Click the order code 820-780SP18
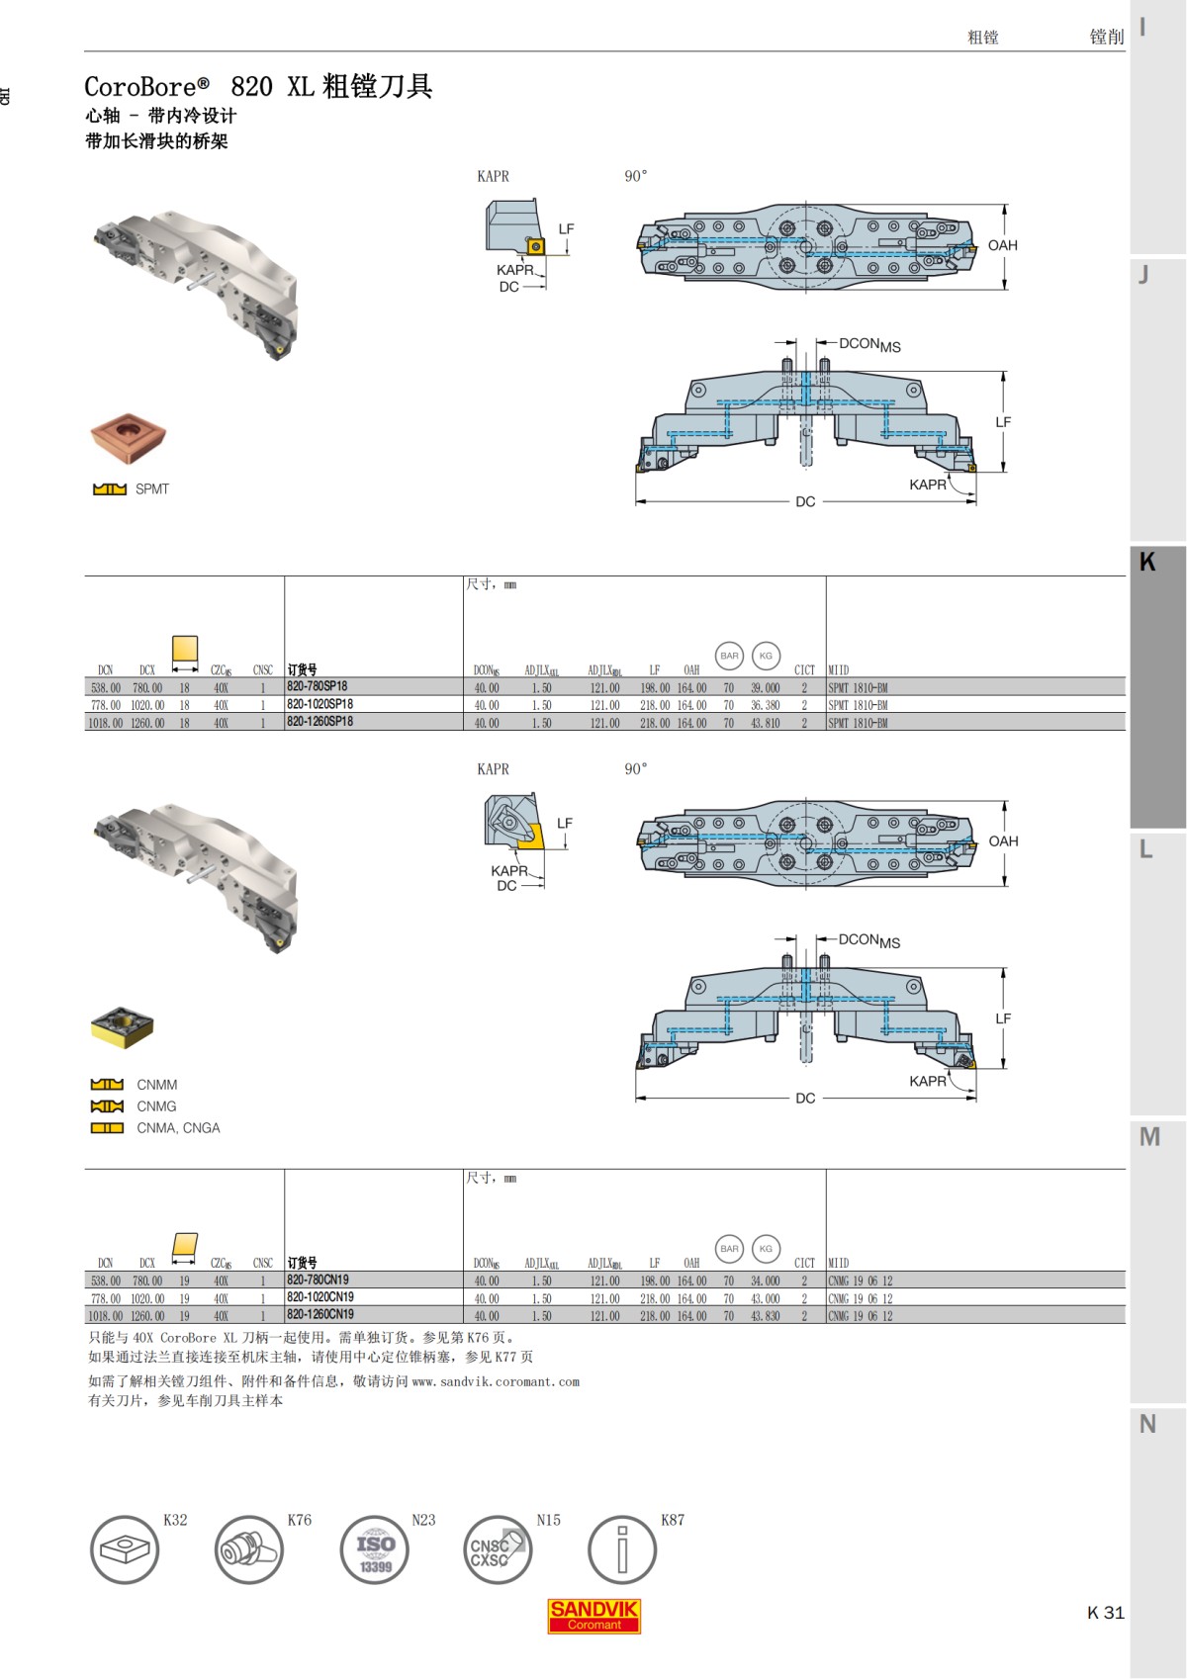point(317,686)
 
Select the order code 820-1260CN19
point(320,1315)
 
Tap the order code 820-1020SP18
point(320,705)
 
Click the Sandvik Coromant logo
point(594,1616)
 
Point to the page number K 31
point(1105,1613)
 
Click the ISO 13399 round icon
point(375,1550)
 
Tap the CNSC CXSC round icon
point(498,1550)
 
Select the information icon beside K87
point(621,1550)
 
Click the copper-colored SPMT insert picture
point(129,439)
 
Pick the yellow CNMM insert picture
point(122,1028)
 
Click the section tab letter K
point(1147,562)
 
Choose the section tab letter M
point(1148,1137)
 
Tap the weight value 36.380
point(765,706)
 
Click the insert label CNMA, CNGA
point(178,1128)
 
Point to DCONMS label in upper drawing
point(869,344)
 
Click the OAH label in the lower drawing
point(1003,841)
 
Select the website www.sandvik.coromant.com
point(496,1381)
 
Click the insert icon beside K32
point(124,1550)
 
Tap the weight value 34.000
point(765,1281)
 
